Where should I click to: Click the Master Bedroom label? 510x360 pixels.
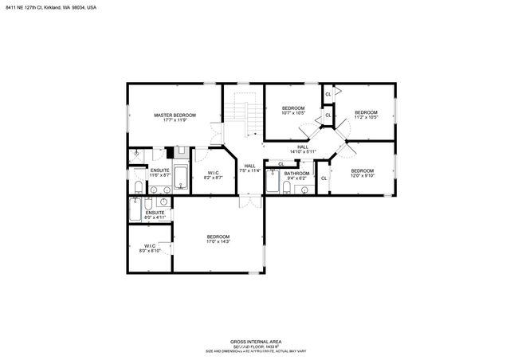(175, 117)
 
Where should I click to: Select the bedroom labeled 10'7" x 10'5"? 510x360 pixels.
(292, 111)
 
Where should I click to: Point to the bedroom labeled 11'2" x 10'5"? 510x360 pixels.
(366, 115)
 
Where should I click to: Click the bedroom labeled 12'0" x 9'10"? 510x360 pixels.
(363, 173)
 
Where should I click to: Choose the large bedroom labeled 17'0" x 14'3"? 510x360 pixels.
(218, 239)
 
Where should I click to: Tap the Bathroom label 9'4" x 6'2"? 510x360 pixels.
(296, 175)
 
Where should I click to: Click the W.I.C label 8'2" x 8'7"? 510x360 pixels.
(214, 175)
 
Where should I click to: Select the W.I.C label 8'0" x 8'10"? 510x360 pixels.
(151, 248)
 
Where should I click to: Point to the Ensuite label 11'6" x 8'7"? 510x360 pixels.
(160, 172)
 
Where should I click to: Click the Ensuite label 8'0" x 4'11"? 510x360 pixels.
(155, 214)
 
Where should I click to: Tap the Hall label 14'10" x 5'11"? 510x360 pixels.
(303, 149)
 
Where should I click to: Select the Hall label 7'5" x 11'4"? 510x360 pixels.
(249, 168)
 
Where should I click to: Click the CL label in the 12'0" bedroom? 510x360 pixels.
(324, 178)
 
